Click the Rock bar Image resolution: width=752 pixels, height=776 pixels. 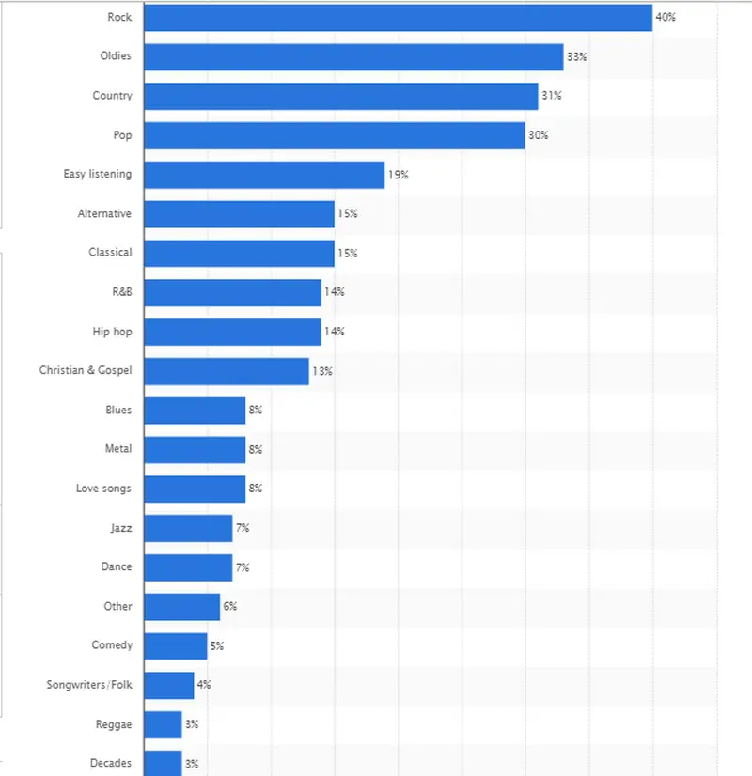[398, 17]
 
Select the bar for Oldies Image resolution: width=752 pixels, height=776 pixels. [353, 56]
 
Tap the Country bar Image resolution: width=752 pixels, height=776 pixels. [340, 96]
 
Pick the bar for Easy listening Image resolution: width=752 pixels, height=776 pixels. [264, 175]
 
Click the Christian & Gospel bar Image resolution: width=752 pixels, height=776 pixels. [227, 371]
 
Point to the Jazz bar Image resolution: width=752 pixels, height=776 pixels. [188, 528]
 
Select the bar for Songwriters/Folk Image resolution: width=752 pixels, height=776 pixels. [169, 685]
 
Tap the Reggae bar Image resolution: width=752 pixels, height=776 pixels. [163, 724]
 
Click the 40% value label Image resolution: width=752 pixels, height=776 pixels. [666, 17]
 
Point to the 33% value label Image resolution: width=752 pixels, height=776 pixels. [576, 56]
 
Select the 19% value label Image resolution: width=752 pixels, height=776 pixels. [398, 175]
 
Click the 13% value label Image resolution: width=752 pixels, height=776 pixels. [322, 371]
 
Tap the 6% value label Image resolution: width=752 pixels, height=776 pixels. [229, 607]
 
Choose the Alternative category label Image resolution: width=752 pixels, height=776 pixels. [104, 213]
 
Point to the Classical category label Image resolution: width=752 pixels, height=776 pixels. [110, 253]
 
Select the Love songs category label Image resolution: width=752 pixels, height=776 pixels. [103, 489]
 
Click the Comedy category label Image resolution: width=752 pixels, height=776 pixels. [112, 645]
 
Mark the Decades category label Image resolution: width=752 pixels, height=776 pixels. [110, 763]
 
